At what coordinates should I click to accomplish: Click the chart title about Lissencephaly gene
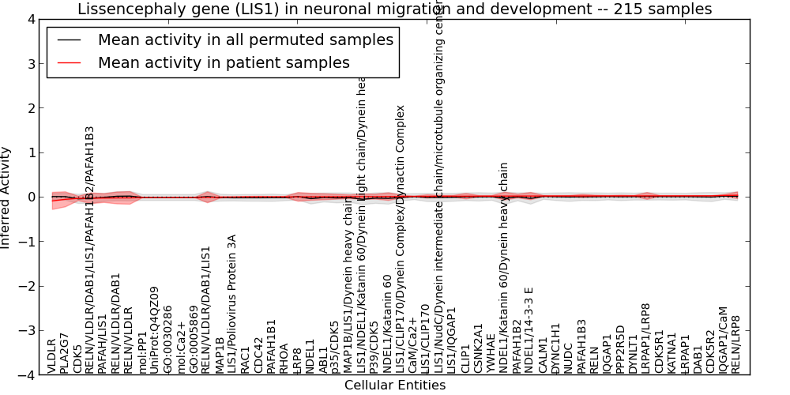394,9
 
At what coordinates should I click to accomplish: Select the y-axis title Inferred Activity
6,197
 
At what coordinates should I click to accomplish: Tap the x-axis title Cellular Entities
394,386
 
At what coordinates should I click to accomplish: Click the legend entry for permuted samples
245,39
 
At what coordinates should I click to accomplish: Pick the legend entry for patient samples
224,62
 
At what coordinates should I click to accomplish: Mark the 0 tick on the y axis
29,197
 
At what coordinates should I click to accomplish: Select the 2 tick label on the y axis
29,108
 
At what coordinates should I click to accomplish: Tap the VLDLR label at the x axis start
52,355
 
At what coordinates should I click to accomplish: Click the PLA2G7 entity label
65,350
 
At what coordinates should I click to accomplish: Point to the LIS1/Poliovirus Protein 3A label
232,303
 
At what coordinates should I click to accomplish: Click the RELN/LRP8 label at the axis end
736,344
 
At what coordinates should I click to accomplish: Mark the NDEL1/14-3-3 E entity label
529,329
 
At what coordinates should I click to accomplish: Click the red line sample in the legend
70,62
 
